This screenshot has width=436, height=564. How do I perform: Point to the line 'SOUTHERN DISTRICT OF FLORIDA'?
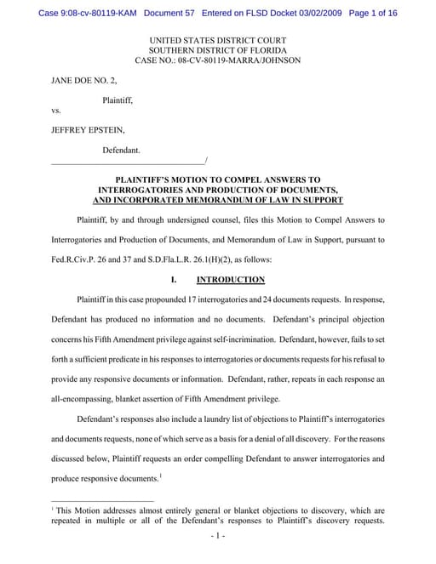(217, 50)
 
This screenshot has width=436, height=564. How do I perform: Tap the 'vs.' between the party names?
(56, 111)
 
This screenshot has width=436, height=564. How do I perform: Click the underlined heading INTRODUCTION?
(230, 280)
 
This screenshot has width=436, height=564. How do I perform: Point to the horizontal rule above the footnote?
(102, 500)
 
